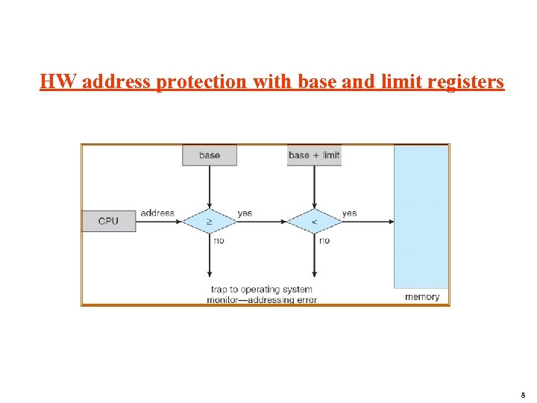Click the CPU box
click(108, 221)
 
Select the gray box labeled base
click(210, 155)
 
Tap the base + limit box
click(314, 155)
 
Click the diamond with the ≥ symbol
click(210, 221)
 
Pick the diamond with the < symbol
click(314, 221)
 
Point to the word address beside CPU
click(157, 213)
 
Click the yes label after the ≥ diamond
click(245, 213)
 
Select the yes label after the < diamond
click(349, 213)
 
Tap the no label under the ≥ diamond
click(219, 240)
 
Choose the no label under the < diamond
click(324, 240)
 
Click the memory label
click(422, 297)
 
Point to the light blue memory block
click(421, 216)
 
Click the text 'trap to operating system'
click(262, 289)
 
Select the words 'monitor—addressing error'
click(262, 300)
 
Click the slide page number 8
click(523, 396)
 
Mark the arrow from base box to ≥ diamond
click(210, 187)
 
